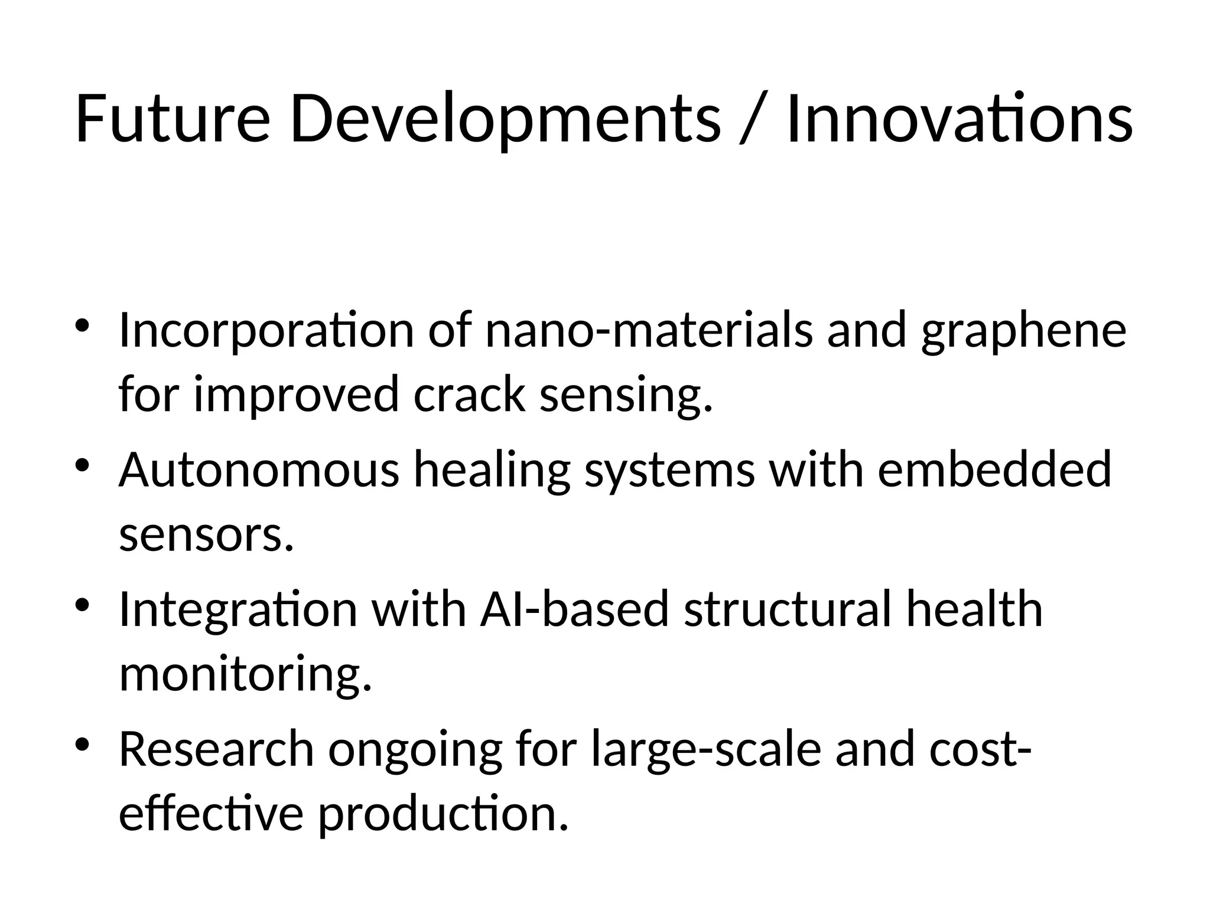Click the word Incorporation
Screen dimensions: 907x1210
point(266,331)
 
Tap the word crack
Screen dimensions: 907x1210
point(469,394)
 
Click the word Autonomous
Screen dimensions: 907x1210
point(259,470)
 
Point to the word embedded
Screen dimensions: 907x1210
point(994,470)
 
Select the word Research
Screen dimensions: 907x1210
point(216,749)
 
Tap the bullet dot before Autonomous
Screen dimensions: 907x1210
point(83,464)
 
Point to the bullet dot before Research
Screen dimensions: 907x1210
point(83,743)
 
